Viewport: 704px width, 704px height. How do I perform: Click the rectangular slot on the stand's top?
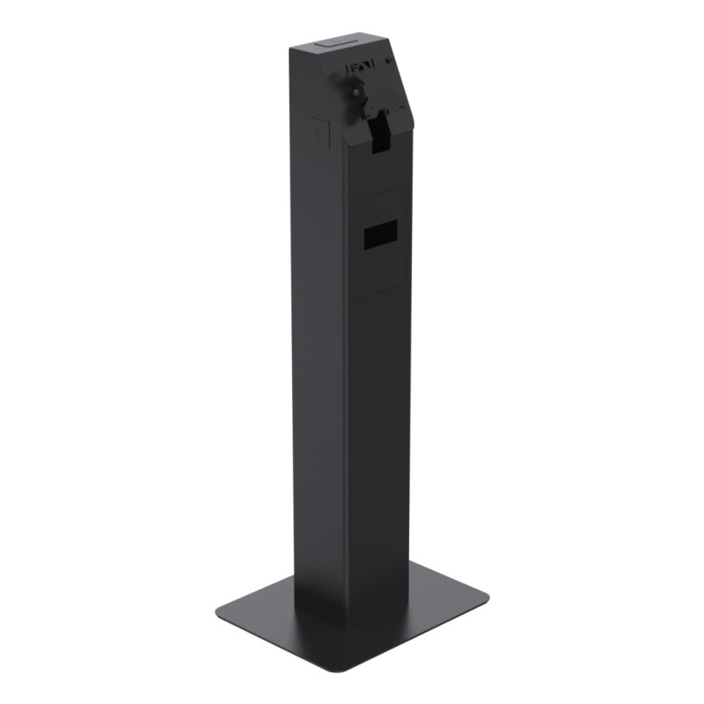tap(334, 42)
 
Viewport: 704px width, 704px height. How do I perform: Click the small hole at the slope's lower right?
tap(406, 106)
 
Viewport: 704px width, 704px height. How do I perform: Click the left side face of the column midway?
tap(319, 352)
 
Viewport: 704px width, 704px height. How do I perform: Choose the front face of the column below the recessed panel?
tap(380, 440)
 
